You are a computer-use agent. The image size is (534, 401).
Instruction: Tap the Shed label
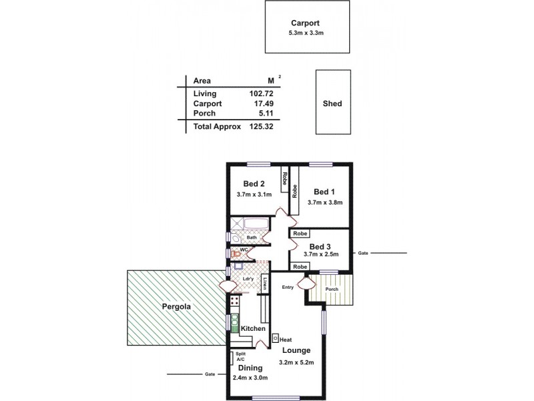tap(332, 104)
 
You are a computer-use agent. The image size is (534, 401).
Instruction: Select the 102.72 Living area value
tap(260, 94)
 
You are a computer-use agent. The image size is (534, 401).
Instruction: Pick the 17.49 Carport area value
tap(262, 104)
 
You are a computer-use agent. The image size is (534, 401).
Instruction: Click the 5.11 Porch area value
tap(264, 114)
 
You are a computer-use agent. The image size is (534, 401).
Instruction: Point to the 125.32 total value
tap(260, 126)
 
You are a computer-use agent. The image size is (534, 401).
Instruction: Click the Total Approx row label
tap(217, 126)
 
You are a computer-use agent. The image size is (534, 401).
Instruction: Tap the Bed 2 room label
tap(254, 184)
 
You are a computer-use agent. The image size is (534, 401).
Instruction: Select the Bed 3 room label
tap(321, 245)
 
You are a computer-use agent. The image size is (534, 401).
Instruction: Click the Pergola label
tap(176, 307)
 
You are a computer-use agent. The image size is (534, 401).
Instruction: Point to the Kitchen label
tap(254, 329)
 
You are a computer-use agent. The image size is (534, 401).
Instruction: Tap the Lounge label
tap(296, 350)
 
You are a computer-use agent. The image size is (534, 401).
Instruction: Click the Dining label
tap(250, 368)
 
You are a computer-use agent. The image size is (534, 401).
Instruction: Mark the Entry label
tap(288, 287)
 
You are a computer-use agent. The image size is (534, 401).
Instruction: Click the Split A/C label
tap(240, 356)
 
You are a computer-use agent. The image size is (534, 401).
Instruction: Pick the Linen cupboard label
tap(265, 283)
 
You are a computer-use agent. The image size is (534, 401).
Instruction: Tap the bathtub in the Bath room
tap(256, 225)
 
